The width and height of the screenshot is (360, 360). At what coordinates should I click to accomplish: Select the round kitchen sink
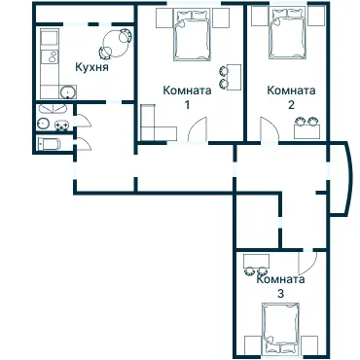point(67,91)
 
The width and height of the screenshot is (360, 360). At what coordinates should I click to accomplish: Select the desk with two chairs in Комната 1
point(230,76)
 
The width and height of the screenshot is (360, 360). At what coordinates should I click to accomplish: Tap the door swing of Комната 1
point(197,130)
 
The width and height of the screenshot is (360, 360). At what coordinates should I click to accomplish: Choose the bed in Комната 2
point(288,37)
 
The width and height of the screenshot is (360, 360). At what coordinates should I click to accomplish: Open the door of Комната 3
point(308,261)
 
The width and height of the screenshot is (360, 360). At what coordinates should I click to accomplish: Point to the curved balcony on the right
point(342,180)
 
